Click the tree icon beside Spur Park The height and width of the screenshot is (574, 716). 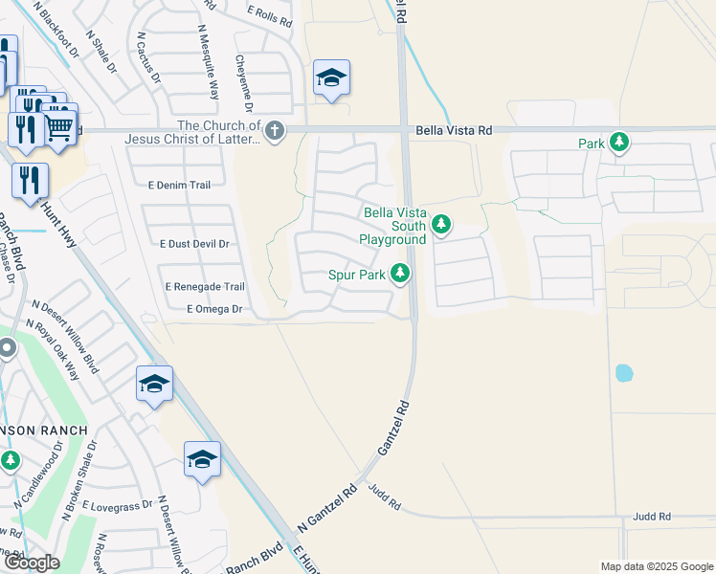[401, 275]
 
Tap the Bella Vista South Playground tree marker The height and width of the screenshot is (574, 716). [441, 225]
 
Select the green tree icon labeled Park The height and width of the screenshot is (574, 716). [619, 143]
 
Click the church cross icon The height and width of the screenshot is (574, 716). [275, 130]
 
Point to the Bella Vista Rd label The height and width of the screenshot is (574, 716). [454, 130]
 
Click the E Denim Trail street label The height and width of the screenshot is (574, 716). [179, 184]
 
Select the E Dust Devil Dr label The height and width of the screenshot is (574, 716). [195, 244]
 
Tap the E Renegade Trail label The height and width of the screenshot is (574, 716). [205, 286]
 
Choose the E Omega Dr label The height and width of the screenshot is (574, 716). [214, 309]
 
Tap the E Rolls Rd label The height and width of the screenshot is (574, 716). [269, 14]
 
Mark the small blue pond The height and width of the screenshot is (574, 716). [624, 372]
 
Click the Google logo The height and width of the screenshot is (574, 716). [31, 563]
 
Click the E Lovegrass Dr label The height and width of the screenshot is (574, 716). [118, 504]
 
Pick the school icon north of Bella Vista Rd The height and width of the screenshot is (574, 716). [331, 77]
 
